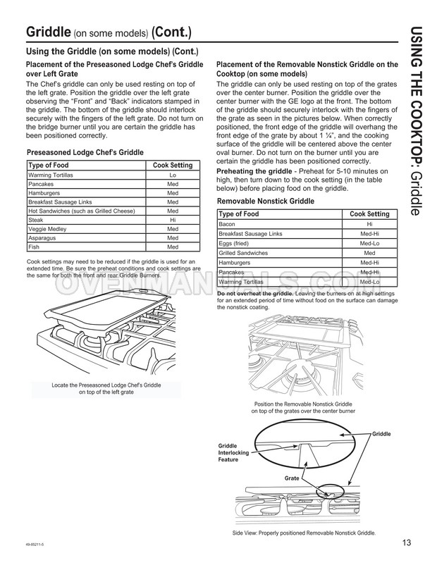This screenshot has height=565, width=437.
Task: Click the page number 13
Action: coord(407,542)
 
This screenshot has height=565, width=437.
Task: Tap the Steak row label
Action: coord(35,220)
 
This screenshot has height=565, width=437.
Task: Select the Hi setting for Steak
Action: coord(173,220)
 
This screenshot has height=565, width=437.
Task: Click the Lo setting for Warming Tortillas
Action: coord(173,174)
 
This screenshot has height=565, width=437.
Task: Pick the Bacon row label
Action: coord(227,223)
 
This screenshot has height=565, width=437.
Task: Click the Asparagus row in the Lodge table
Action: coord(43,238)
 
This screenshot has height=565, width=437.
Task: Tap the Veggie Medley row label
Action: coord(47,229)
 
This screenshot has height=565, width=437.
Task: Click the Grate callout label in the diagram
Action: coord(292,478)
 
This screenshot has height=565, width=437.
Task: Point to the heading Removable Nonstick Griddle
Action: coord(265,201)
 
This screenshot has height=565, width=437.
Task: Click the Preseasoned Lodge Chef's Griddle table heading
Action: coord(85,152)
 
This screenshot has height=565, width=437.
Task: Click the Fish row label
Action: coord(34,247)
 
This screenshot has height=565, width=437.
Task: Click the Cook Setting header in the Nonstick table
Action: coord(369,213)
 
